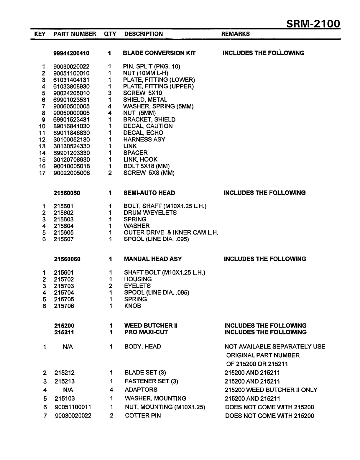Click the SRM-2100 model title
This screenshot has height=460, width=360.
[x=313, y=24]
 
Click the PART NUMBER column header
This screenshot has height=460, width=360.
[x=75, y=34]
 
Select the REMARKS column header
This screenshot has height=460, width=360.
[x=235, y=34]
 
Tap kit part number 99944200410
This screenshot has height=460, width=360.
[x=71, y=53]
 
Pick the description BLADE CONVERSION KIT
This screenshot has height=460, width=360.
[x=159, y=53]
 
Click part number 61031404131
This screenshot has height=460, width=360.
[x=71, y=80]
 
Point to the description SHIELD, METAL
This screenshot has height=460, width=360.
[x=145, y=100]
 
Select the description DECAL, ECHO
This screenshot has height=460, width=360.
[x=143, y=133]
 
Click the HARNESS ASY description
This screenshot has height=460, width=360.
[x=144, y=139]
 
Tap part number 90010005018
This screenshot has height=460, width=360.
[x=72, y=166]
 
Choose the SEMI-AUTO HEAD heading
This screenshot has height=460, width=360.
[x=149, y=193]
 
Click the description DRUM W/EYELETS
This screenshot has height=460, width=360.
[x=150, y=213]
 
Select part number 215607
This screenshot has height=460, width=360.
[x=64, y=239]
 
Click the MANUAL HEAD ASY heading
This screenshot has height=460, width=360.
[x=153, y=259]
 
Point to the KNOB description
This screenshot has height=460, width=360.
[x=132, y=306]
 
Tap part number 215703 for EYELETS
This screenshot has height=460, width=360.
[x=64, y=286]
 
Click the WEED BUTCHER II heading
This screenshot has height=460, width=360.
[x=151, y=326]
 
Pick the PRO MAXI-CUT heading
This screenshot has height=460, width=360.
[x=146, y=332]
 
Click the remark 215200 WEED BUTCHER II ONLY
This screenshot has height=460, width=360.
[x=271, y=390]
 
